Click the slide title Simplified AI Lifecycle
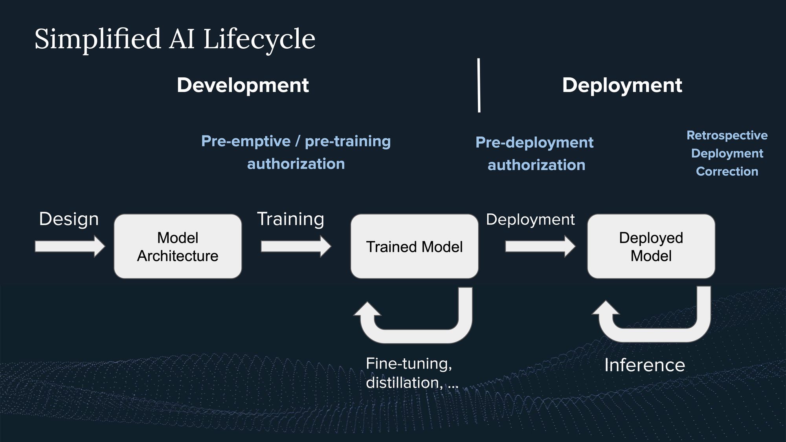(x=175, y=40)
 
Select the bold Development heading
(x=243, y=85)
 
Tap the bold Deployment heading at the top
(x=622, y=85)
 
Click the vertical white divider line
(x=479, y=85)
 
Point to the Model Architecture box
(x=178, y=246)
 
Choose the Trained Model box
(x=414, y=246)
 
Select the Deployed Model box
(x=651, y=246)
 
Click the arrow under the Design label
(x=70, y=246)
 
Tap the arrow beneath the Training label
(x=296, y=246)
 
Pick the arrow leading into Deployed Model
(x=540, y=246)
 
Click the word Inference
(x=645, y=365)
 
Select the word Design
(x=69, y=219)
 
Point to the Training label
(x=290, y=219)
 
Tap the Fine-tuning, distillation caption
(x=412, y=373)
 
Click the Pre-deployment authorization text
(x=534, y=154)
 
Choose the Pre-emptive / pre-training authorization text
(x=296, y=152)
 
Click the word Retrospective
(x=727, y=136)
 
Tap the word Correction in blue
(x=727, y=171)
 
